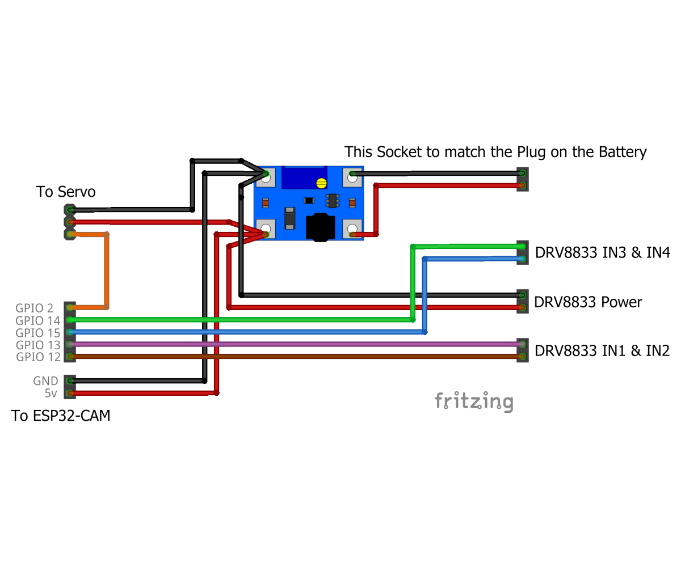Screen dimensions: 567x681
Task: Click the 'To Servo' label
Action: point(66,192)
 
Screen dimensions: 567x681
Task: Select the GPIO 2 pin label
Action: point(34,308)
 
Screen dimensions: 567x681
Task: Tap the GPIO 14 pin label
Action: point(34,320)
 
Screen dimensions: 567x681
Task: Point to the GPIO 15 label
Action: point(34,332)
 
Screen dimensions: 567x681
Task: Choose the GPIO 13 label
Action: point(34,345)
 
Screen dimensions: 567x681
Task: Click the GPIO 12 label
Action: point(34,357)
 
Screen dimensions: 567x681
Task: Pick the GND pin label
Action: point(45,381)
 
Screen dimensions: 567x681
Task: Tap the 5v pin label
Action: point(52,393)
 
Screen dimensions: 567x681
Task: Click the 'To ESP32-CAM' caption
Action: point(61,416)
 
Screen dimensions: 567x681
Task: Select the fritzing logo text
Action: point(474,401)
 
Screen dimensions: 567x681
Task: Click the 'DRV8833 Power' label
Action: point(588,302)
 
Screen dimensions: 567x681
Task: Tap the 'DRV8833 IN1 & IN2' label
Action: point(602,351)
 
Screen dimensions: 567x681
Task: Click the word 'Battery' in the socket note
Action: point(622,152)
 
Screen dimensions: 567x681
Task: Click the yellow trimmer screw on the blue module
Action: point(321,183)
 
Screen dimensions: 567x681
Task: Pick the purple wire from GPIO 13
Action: point(284,344)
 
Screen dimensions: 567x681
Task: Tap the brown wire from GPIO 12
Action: point(284,357)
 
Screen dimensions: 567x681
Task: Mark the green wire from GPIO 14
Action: point(227,320)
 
